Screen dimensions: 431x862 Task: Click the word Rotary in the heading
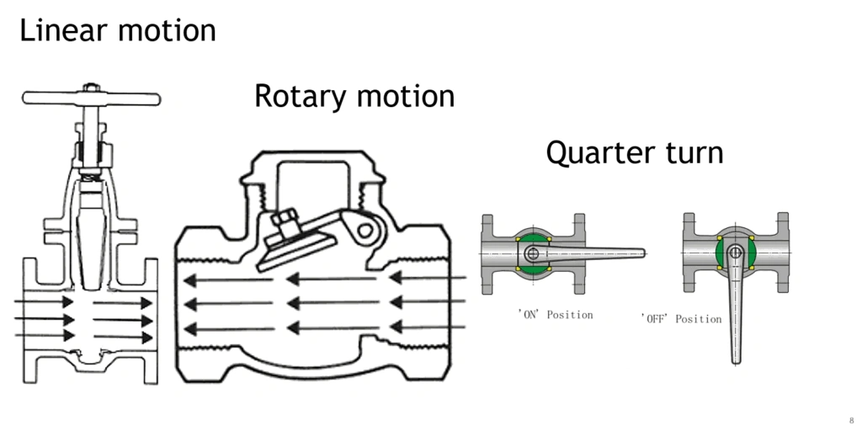point(300,96)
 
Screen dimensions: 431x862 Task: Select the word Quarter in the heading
point(596,153)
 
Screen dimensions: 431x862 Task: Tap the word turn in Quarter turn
point(694,153)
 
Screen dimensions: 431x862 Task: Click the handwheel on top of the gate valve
point(91,98)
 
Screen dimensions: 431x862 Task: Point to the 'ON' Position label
point(555,315)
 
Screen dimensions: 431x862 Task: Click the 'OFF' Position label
point(681,319)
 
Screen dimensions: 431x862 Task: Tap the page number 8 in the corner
point(851,419)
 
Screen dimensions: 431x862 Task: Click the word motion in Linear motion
point(167,30)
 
